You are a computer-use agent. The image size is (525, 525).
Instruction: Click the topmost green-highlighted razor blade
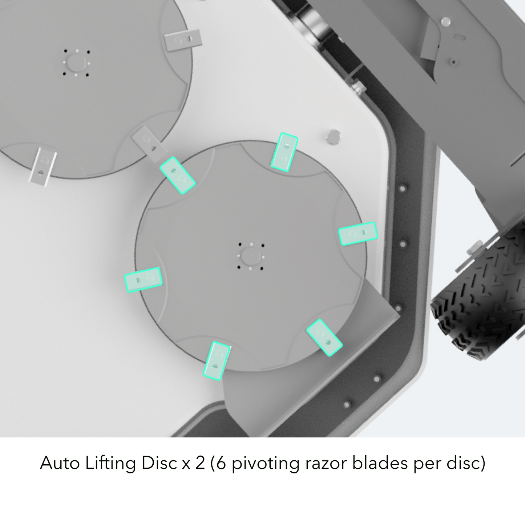click(x=284, y=152)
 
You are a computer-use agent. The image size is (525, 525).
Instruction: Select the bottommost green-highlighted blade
click(x=217, y=361)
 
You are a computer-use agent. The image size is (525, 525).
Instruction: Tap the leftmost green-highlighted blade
click(x=143, y=279)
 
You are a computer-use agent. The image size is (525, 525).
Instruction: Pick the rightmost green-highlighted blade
click(x=358, y=234)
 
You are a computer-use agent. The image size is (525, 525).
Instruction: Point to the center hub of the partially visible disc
click(x=76, y=62)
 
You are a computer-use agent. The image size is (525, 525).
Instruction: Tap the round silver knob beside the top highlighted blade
click(x=333, y=137)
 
